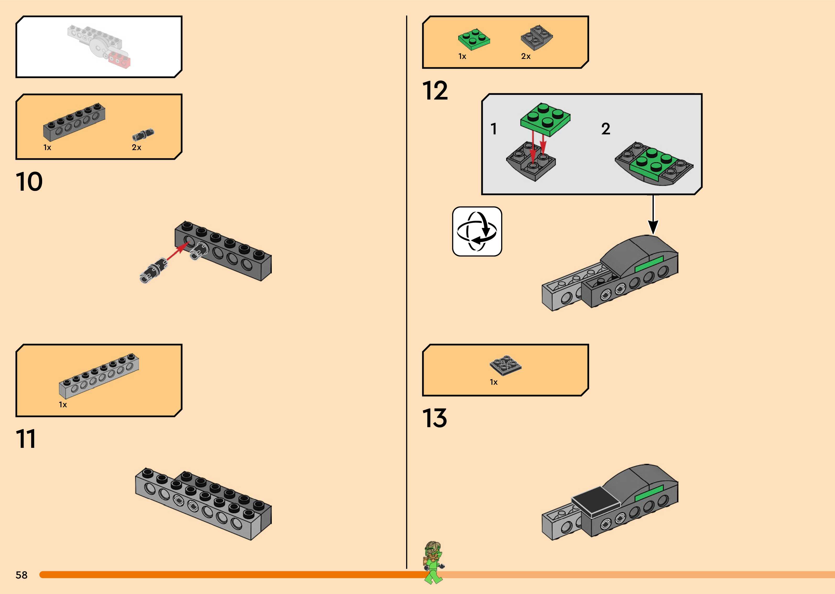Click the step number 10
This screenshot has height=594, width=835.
tap(29, 182)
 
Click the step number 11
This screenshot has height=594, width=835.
tap(26, 439)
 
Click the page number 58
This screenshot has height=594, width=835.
tap(21, 575)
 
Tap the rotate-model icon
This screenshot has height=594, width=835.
tap(477, 232)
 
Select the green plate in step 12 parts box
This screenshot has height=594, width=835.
tap(474, 39)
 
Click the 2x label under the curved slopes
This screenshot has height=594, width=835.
tap(526, 56)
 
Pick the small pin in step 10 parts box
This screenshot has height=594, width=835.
tap(143, 135)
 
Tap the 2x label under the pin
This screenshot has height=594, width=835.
tap(136, 147)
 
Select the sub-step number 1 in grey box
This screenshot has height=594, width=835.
tap(494, 129)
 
